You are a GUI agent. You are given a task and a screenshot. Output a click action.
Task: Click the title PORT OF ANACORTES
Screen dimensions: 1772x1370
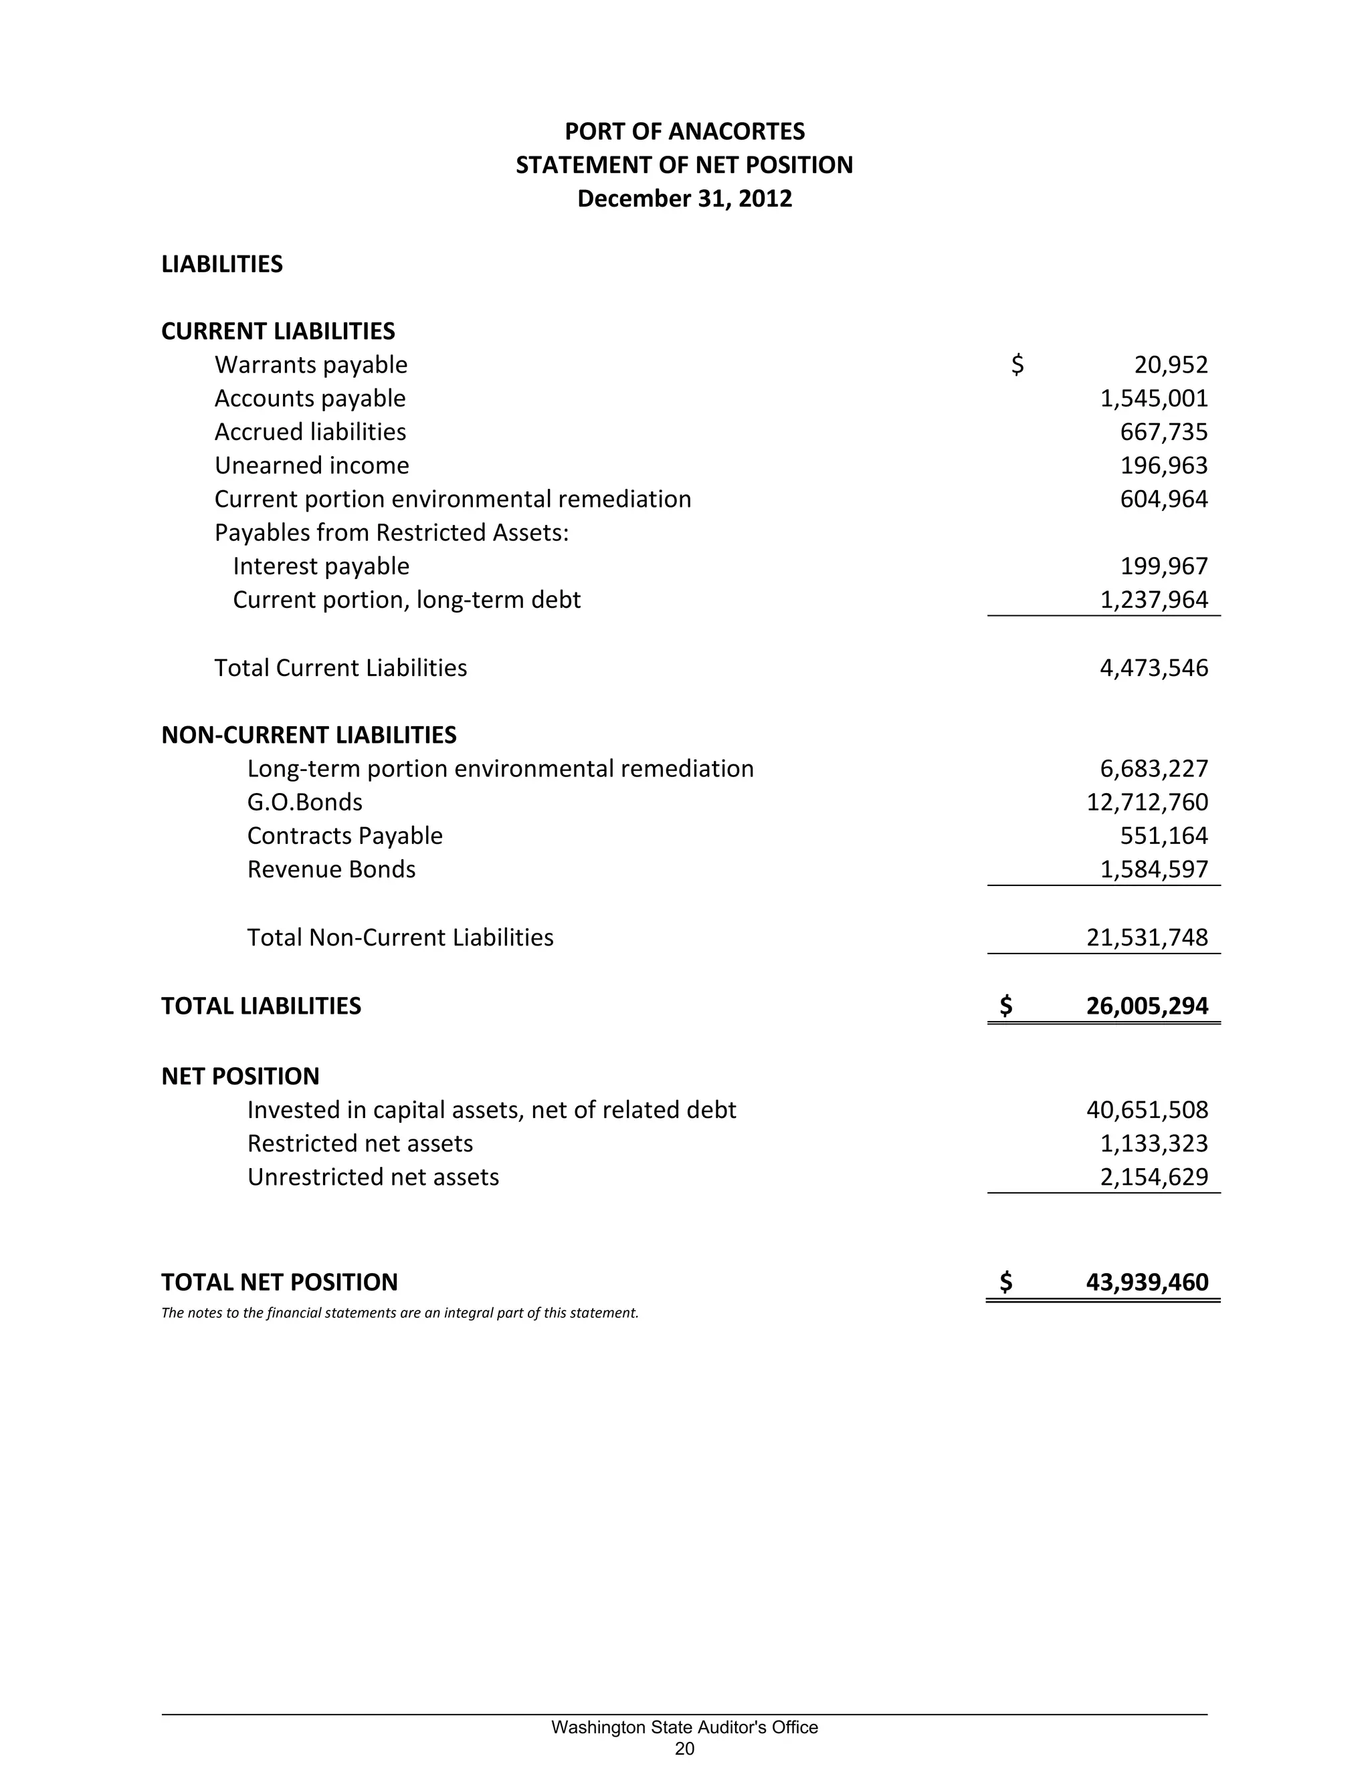[x=684, y=132]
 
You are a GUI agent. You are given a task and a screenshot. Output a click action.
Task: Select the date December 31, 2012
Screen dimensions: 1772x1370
[x=684, y=199]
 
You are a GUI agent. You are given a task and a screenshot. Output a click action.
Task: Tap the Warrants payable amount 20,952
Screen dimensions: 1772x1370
[x=1171, y=365]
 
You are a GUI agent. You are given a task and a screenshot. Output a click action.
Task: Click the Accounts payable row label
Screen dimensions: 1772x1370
[x=310, y=399]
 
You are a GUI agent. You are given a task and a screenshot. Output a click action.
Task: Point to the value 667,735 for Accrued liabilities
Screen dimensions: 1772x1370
[x=1164, y=433]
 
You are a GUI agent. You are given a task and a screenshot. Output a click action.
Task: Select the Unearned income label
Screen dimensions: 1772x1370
[x=312, y=465]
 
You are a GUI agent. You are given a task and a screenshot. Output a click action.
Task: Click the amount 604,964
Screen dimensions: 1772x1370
[x=1164, y=499]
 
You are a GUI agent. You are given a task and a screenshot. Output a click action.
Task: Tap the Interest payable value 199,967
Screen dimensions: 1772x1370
[x=1164, y=566]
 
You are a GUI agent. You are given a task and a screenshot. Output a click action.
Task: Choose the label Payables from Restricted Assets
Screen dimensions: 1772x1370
[x=391, y=533]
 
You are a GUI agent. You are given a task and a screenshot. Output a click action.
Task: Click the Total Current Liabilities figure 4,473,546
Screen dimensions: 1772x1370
[x=1153, y=669]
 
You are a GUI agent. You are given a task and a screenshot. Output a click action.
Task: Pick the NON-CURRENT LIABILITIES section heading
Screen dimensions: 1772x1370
[x=308, y=735]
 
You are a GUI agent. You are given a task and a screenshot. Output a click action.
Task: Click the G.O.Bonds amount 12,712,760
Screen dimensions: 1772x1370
[x=1147, y=802]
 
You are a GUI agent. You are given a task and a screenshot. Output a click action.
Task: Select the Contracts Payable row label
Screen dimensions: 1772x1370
[x=345, y=836]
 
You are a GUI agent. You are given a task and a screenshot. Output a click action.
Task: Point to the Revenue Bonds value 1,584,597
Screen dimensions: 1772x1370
[x=1153, y=870]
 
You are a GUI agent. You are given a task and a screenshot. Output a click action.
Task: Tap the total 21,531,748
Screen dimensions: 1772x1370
[x=1147, y=938]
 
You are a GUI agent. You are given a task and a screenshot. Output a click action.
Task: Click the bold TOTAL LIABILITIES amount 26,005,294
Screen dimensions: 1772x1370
[x=1147, y=1006]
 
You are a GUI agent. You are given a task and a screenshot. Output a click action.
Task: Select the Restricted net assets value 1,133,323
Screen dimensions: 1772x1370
[x=1153, y=1144]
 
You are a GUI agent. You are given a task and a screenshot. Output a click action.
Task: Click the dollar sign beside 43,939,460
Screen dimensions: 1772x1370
[x=1005, y=1282]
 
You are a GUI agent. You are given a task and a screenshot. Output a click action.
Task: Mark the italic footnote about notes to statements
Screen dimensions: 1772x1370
[x=400, y=1313]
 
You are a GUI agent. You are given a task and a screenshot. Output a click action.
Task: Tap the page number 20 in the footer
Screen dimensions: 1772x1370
[x=684, y=1748]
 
